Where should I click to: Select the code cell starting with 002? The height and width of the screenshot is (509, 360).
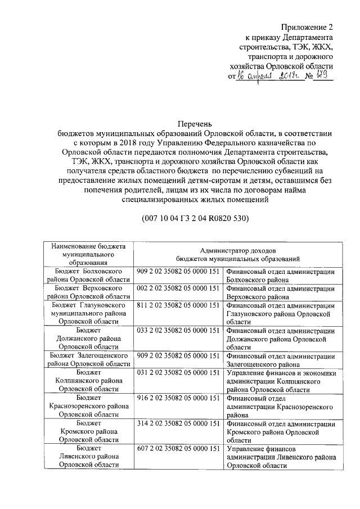178,288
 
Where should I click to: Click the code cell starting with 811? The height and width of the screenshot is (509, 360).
178,305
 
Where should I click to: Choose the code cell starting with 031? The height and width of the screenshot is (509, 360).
178,372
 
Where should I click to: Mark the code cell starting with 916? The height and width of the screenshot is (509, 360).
178,398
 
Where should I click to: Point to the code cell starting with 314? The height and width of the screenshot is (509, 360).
178,423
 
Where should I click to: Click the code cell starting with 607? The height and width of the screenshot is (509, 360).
178,448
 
